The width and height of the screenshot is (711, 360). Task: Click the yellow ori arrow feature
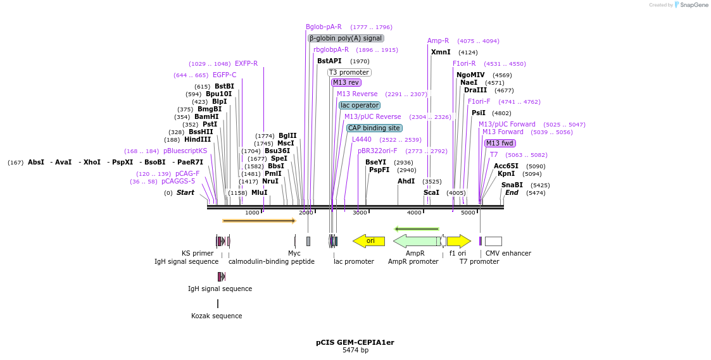(368, 241)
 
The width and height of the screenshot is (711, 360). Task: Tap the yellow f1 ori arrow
(458, 241)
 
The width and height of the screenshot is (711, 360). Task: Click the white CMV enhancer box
(493, 241)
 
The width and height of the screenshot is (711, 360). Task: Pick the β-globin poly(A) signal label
(346, 39)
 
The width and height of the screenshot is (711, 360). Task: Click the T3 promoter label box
(349, 73)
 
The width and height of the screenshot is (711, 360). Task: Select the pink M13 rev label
(346, 83)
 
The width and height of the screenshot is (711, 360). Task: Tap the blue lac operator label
(360, 106)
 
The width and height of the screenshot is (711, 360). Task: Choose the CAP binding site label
(374, 128)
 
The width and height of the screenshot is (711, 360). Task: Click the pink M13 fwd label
(500, 144)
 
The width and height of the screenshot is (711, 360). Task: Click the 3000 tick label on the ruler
(360, 213)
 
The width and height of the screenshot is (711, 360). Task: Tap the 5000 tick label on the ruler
(468, 213)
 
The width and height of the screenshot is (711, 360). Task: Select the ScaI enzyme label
(431, 192)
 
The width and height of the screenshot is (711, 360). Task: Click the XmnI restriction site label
(441, 53)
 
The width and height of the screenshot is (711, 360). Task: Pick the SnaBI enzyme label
(512, 185)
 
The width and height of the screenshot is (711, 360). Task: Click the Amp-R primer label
(438, 41)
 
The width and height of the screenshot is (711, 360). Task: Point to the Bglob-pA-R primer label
(324, 27)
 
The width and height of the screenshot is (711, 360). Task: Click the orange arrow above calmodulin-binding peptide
(259, 221)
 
